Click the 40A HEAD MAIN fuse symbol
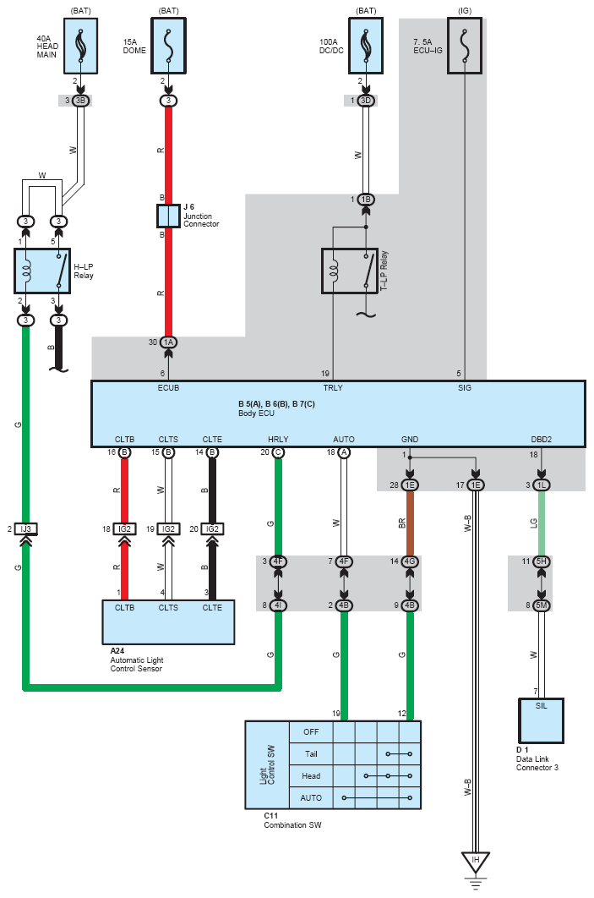pos(81,45)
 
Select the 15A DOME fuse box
pos(168,45)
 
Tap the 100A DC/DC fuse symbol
pos(366,45)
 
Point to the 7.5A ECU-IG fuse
pos(465,45)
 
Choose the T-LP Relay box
pos(350,271)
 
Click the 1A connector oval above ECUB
pos(168,342)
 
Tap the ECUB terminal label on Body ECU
pos(168,388)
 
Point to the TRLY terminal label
pos(333,388)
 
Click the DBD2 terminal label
pos(542,439)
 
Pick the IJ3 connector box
pos(26,528)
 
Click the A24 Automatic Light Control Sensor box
pos(168,621)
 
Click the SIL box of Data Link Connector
pos(542,718)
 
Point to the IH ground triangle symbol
pos(476,862)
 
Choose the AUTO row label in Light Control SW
pos(311,797)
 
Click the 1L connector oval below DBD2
pos(542,485)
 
